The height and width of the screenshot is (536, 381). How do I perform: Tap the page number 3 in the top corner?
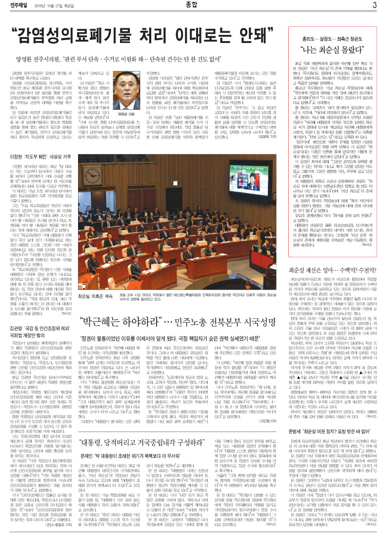[x=374, y=6]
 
